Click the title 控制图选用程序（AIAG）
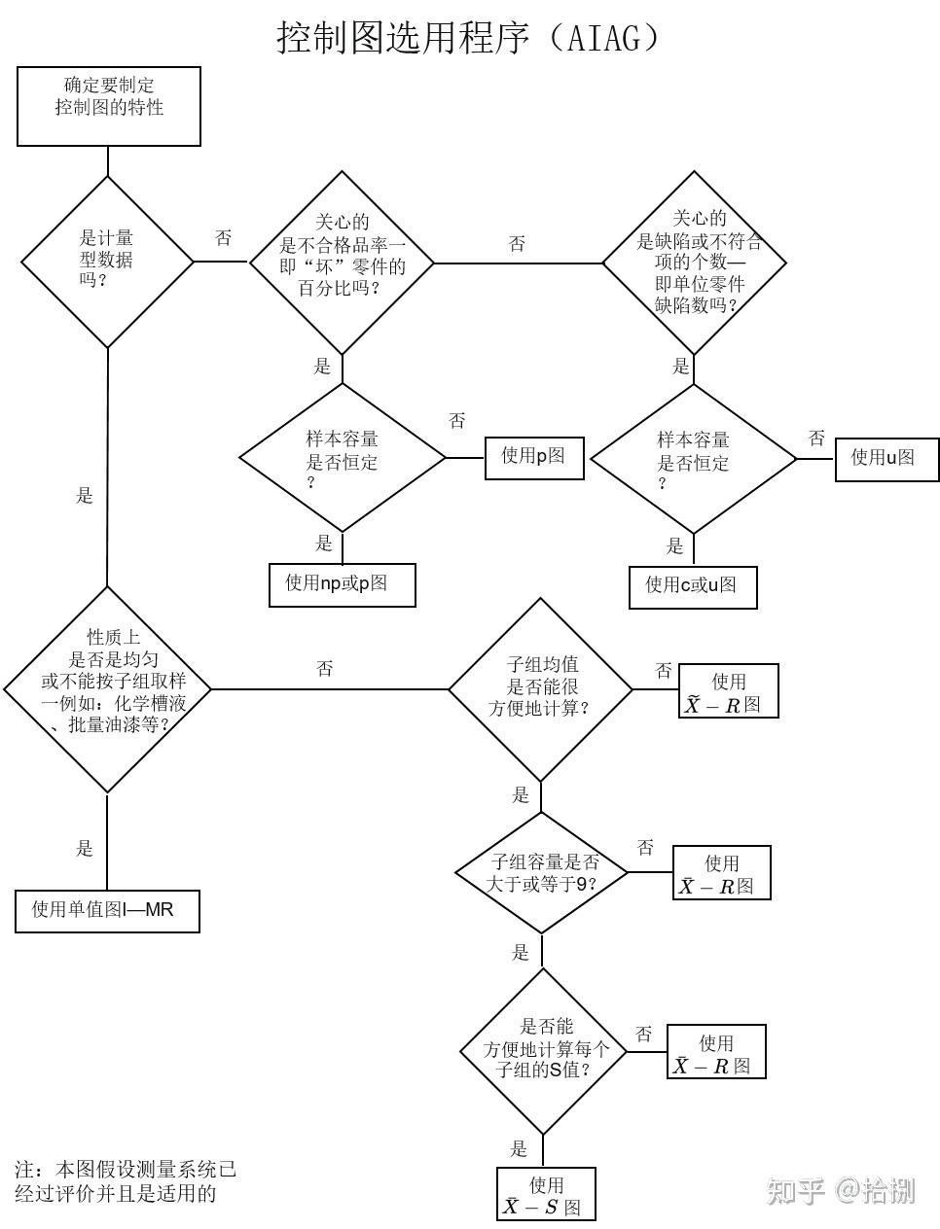point(469,37)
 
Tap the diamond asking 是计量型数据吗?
point(107,262)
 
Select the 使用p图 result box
point(534,456)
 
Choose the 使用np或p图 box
point(342,584)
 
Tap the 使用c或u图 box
point(693,586)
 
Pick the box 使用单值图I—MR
point(107,911)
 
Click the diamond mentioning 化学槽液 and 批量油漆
point(108,689)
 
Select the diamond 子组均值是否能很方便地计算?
point(540,689)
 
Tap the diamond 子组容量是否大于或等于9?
point(542,872)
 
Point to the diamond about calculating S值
point(543,1050)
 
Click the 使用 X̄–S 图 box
point(545,1195)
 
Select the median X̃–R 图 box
point(728,691)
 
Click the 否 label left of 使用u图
point(816,439)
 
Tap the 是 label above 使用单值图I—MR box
point(85,848)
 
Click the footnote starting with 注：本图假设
point(125,1180)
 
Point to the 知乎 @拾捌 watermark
point(841,1189)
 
